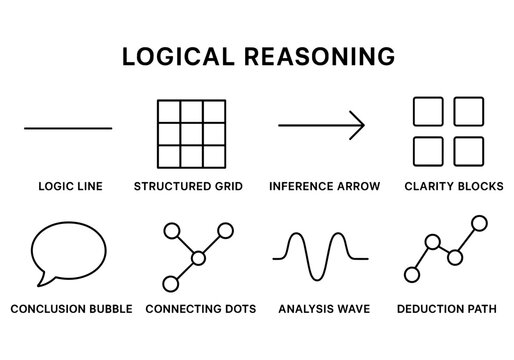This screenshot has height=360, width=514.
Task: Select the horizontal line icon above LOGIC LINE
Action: point(68,128)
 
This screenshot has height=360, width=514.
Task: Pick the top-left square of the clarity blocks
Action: point(429,112)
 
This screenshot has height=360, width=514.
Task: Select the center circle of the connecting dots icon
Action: point(198,258)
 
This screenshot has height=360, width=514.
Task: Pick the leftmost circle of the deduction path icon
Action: point(410,273)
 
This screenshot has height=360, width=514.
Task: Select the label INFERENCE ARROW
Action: point(321,187)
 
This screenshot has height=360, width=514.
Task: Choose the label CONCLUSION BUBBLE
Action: point(71,309)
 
